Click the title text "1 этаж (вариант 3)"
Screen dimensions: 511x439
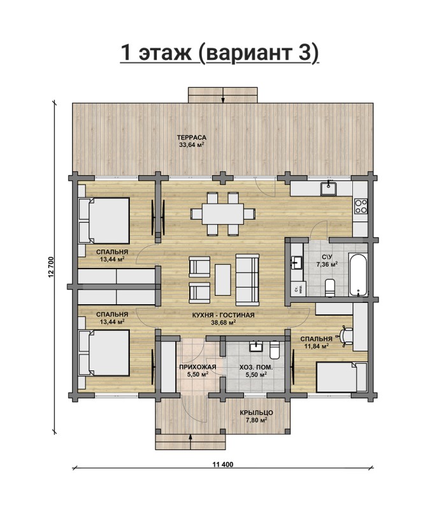pyautogui.click(x=220, y=53)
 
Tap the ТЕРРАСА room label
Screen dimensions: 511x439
pyautogui.click(x=191, y=137)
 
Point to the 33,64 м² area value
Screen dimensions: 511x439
pyautogui.click(x=191, y=145)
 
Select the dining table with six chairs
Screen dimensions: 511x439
pyautogui.click(x=222, y=212)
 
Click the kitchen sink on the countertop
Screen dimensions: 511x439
pyautogui.click(x=329, y=188)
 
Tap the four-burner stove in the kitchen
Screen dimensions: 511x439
pyautogui.click(x=361, y=205)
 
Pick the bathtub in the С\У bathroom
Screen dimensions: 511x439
pyautogui.click(x=359, y=274)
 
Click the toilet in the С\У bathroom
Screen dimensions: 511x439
pyautogui.click(x=329, y=290)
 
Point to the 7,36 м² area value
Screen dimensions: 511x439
pyautogui.click(x=326, y=264)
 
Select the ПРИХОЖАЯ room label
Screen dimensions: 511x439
pyautogui.click(x=198, y=367)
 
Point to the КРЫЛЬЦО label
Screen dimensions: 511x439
pyautogui.click(x=254, y=412)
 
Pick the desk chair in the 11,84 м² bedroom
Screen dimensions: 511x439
pyautogui.click(x=346, y=335)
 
